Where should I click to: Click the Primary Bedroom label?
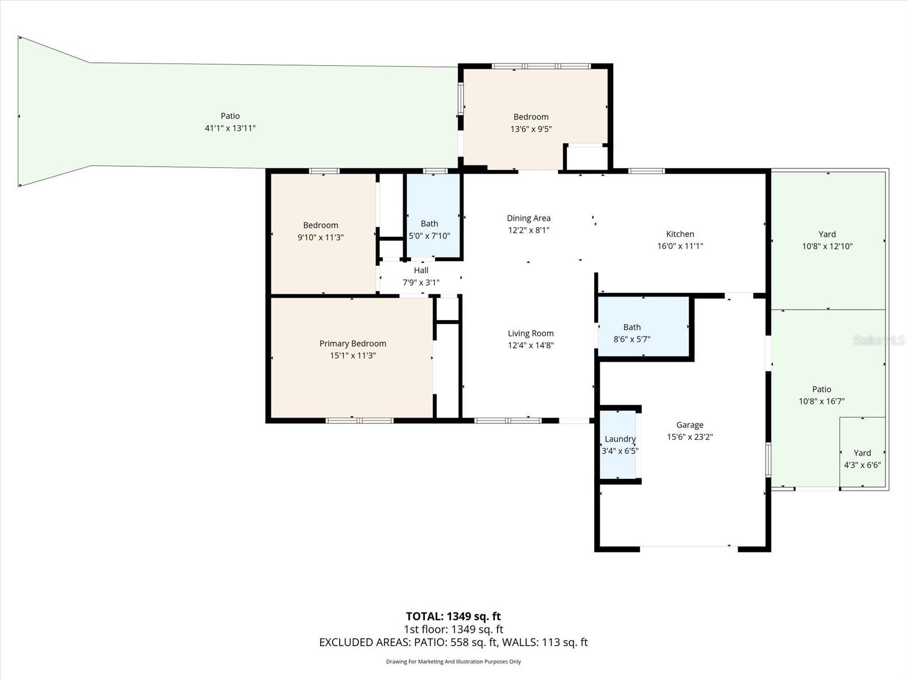coord(353,343)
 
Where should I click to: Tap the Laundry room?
coord(620,445)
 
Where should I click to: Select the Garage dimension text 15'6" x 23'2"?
coord(689,437)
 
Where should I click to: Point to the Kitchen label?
coord(680,233)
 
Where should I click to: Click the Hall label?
coord(421,270)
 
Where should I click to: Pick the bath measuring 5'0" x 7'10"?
coord(429,229)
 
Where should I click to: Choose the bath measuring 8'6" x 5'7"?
coord(631,333)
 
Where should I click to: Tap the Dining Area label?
coord(528,218)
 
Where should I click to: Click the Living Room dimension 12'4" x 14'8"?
coord(531,345)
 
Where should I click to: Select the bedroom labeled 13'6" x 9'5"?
coord(531,122)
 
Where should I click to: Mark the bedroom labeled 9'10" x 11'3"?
coord(320,231)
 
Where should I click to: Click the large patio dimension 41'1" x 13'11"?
coord(230,129)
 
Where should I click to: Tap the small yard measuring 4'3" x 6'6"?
coord(862,459)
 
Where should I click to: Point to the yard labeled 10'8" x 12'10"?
coord(827,240)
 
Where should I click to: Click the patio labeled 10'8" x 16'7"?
coord(821,395)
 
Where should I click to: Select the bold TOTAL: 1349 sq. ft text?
coord(453,616)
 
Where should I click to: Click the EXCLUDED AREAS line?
coord(453,642)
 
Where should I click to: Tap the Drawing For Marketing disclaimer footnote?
coord(453,661)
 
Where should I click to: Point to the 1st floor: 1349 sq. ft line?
coord(453,629)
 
